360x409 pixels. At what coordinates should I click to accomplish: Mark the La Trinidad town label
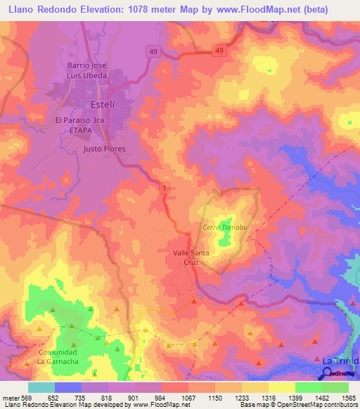tap(340, 360)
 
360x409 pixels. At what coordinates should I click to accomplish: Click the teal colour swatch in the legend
tap(41, 387)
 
